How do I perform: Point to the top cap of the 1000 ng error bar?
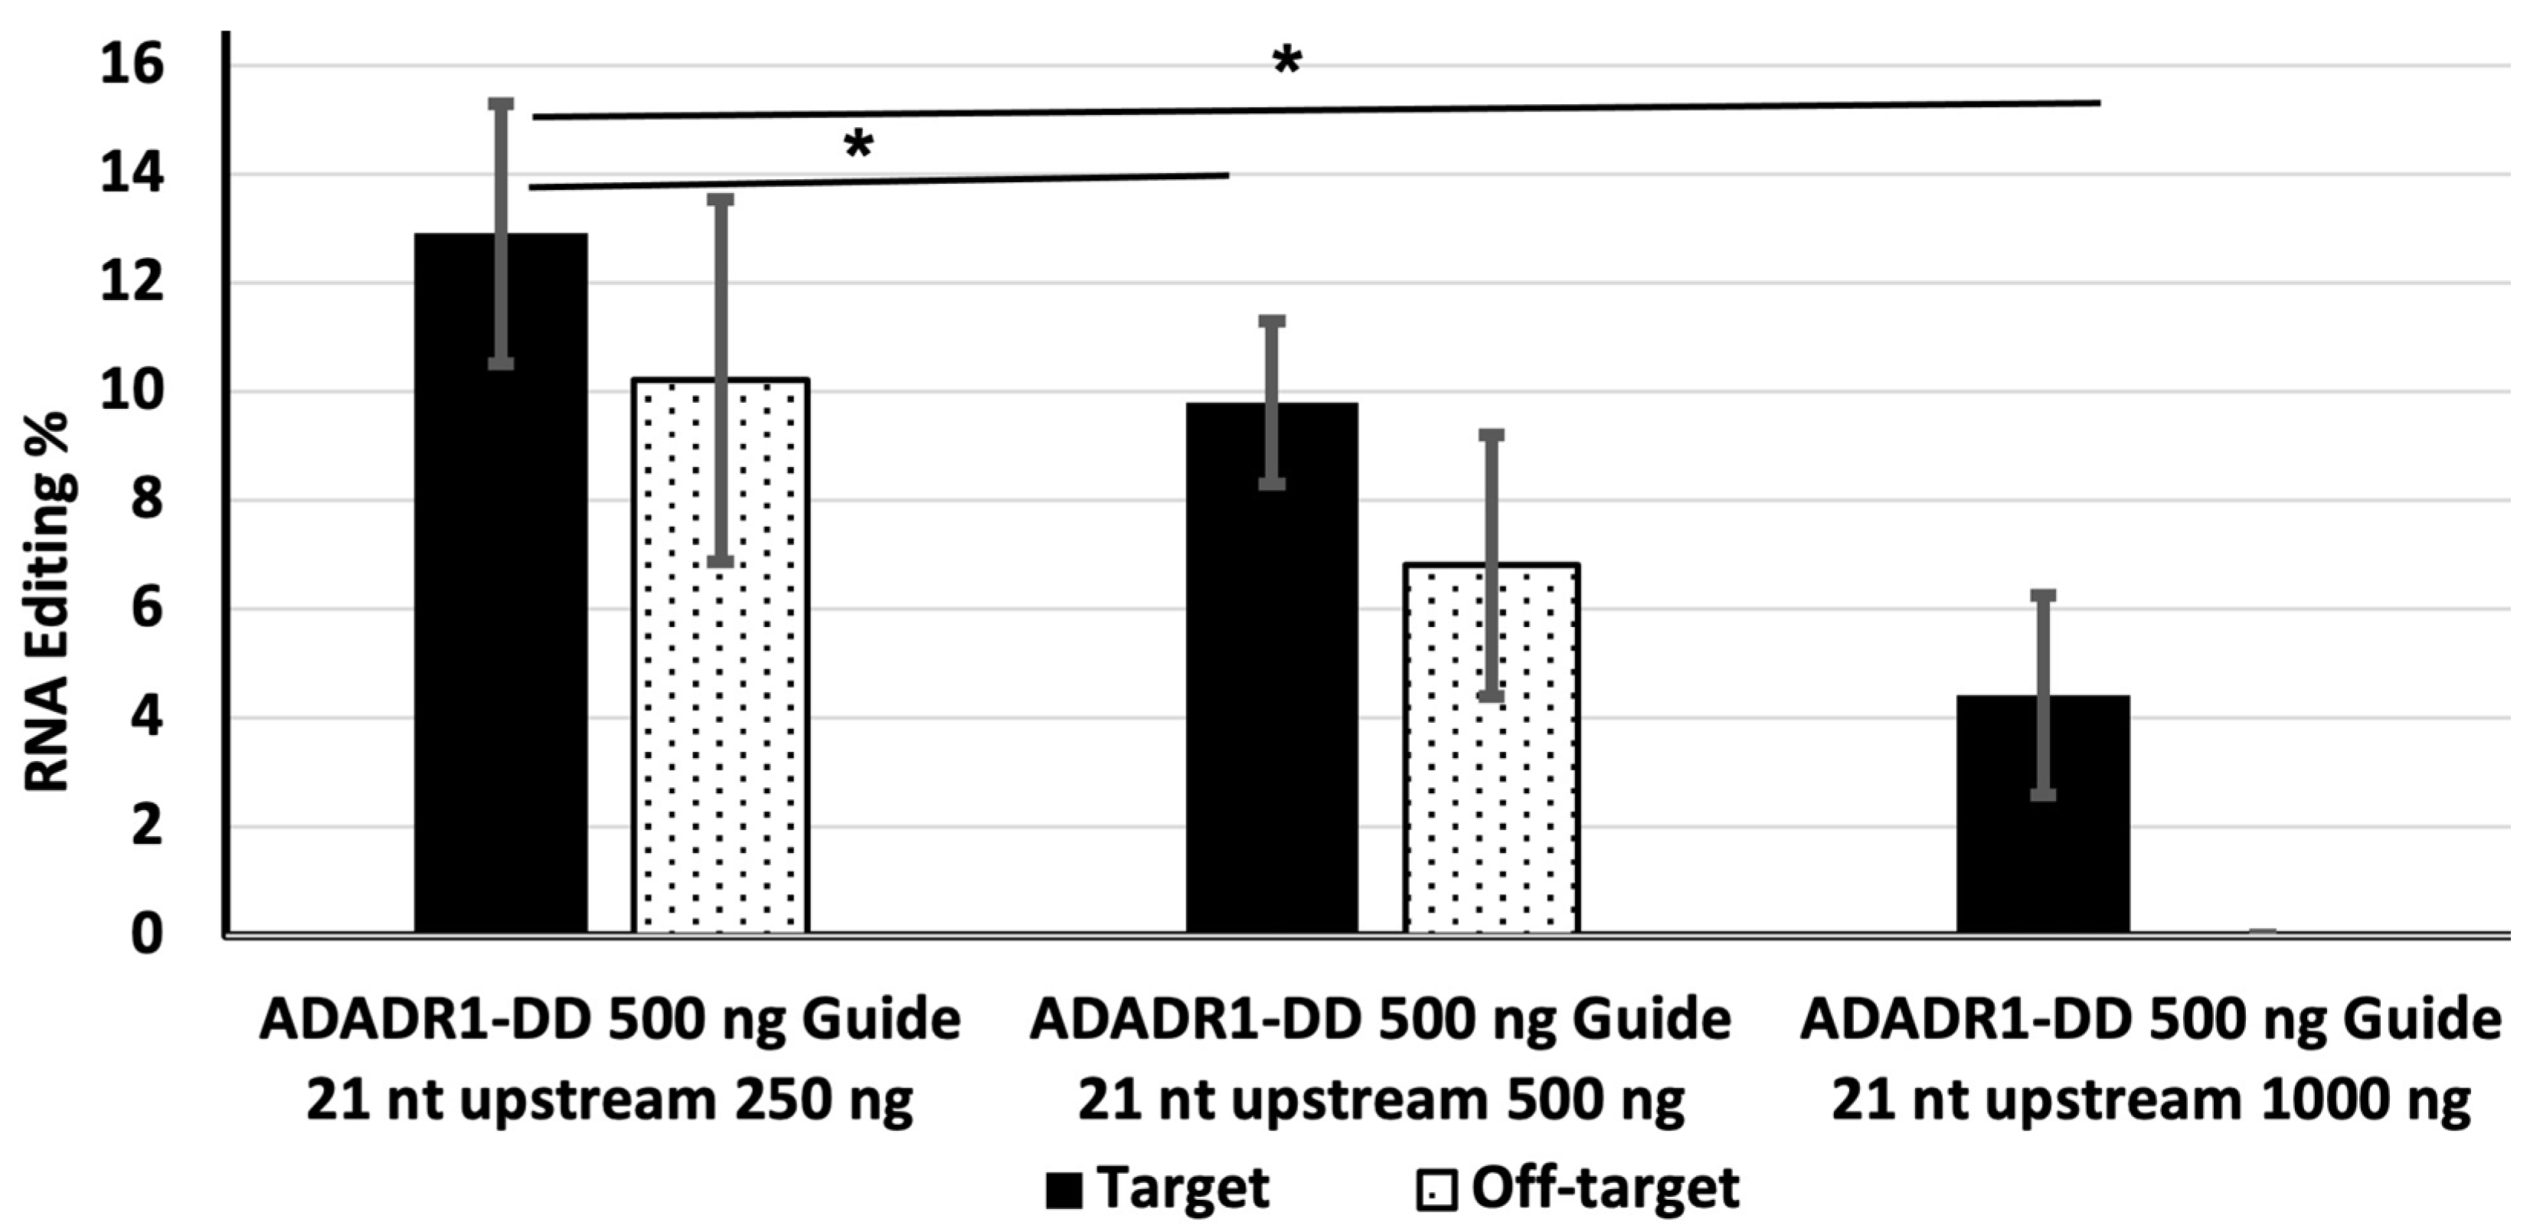2043,596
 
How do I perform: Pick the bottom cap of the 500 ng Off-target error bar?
1491,697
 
